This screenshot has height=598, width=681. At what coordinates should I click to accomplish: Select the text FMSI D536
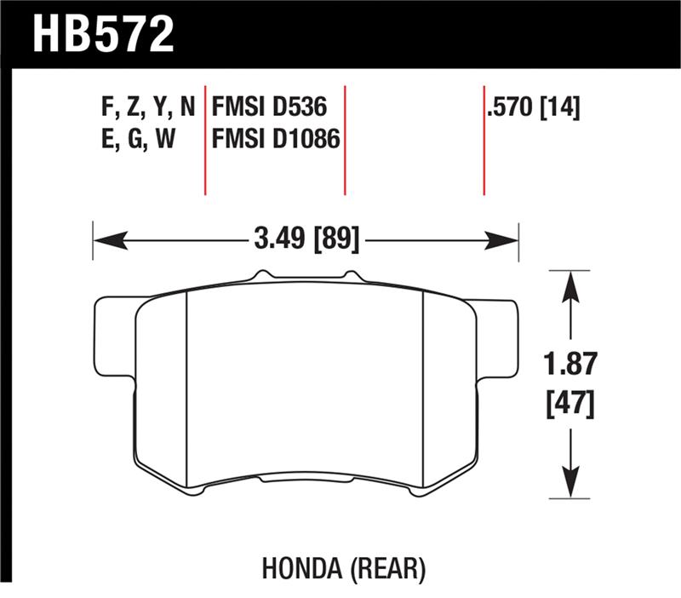(270, 109)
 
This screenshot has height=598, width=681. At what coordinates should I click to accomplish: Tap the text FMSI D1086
(277, 138)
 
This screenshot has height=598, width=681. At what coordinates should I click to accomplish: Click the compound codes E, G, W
(137, 138)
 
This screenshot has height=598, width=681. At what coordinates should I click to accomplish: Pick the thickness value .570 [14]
(535, 109)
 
